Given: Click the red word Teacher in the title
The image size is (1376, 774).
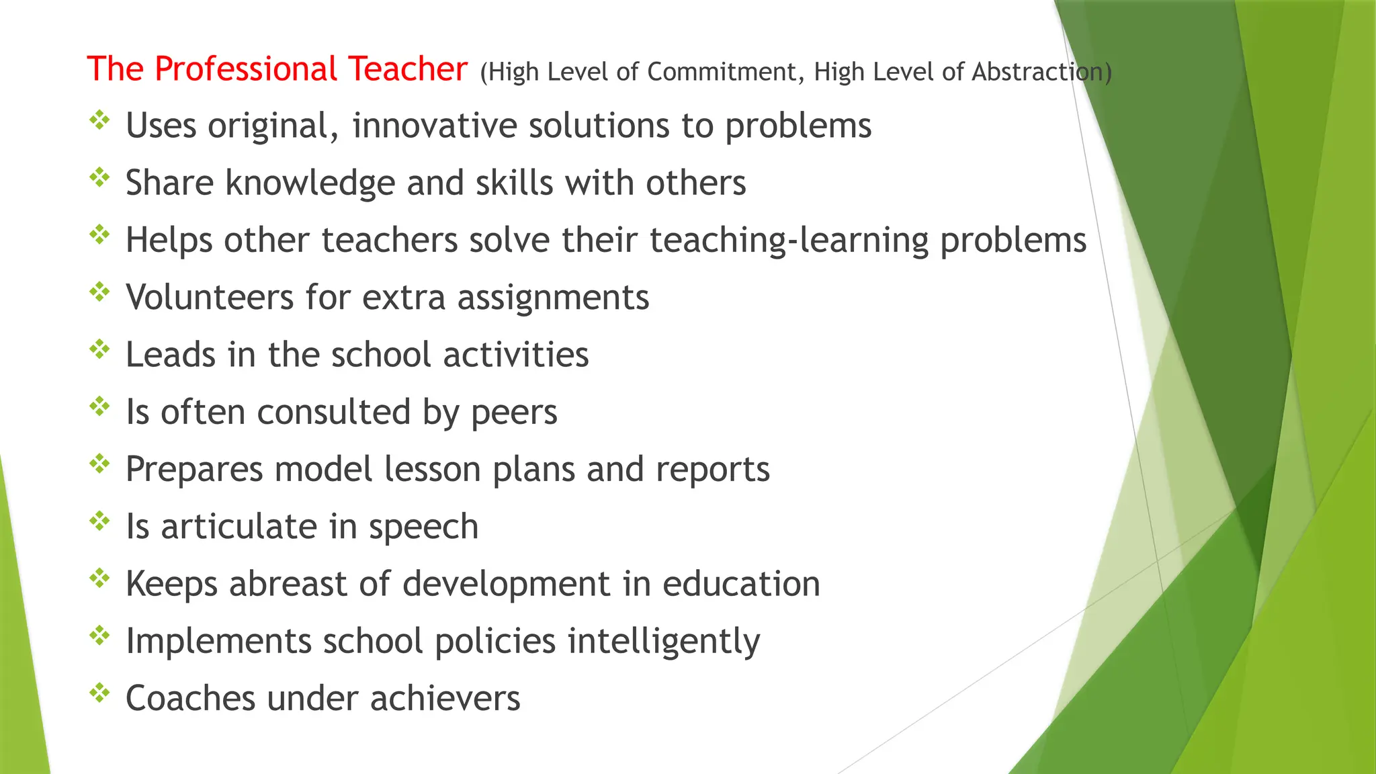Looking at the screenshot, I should tap(407, 69).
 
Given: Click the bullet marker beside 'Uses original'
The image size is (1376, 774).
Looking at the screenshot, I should tap(99, 121).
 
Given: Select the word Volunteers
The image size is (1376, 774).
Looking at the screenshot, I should tap(210, 297).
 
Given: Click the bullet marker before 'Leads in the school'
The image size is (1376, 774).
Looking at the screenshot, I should tap(99, 349).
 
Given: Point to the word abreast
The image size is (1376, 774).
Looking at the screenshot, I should tap(288, 583).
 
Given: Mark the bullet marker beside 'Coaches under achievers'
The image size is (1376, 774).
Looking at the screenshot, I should tap(99, 693).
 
